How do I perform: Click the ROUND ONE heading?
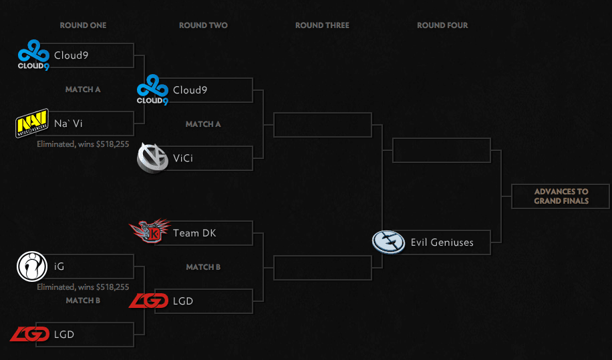pos(83,25)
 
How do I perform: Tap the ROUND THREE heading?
pos(323,25)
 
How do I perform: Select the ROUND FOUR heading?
pos(442,25)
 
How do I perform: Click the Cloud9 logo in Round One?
pos(33,55)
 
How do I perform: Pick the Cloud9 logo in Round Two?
pos(152,89)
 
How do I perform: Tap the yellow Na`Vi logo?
pos(31,124)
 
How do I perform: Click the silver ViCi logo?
pos(152,158)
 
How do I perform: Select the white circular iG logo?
pos(31,266)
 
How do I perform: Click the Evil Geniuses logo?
pos(388,242)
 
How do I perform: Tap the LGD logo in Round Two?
pos(149,301)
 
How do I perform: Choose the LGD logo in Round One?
pos(30,334)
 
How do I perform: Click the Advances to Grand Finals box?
pos(561,196)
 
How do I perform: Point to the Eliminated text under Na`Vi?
pos(83,144)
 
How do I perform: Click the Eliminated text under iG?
pos(83,287)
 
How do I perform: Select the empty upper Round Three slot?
pos(322,125)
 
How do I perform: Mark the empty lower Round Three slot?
pos(322,268)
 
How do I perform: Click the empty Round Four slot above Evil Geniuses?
pos(442,150)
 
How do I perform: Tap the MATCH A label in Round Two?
pos(203,124)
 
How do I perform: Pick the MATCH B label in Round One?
pos(83,301)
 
